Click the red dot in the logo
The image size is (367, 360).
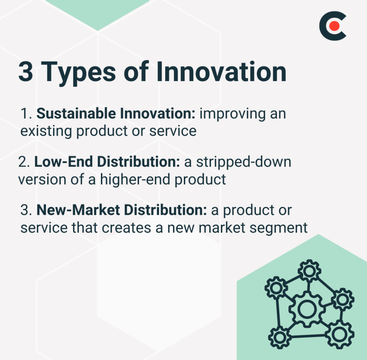pyautogui.click(x=334, y=26)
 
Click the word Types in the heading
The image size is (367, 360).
pyautogui.click(x=78, y=72)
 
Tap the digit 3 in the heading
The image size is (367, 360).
pyautogui.click(x=26, y=72)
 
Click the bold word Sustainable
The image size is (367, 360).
pyautogui.click(x=76, y=114)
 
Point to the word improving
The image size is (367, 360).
pyautogui.click(x=233, y=115)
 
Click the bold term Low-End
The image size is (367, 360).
pyautogui.click(x=64, y=162)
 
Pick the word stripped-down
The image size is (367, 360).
pyautogui.click(x=243, y=162)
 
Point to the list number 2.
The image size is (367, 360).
pyautogui.click(x=24, y=162)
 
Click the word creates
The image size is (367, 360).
pyautogui.click(x=126, y=228)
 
